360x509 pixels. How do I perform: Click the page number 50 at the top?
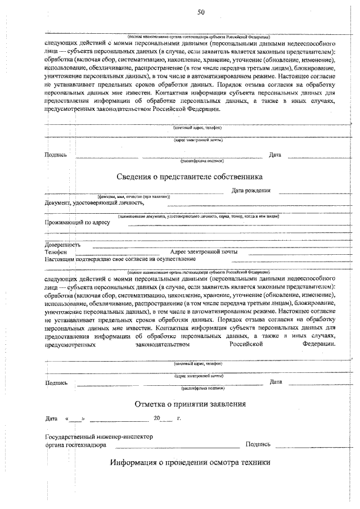pos(201,12)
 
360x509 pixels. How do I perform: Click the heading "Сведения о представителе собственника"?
pos(190,176)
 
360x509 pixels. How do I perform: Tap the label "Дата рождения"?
pos(251,191)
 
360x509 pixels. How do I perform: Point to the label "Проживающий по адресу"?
pos(77,222)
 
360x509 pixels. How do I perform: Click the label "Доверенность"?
pos(62,245)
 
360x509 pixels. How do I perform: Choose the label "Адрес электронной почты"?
pos(204,252)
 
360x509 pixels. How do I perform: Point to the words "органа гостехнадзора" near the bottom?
pos(76,444)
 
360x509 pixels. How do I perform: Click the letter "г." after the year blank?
pos(178,419)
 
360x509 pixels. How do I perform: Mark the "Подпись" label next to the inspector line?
pos(258,444)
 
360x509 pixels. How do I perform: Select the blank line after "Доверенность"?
pos(219,247)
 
